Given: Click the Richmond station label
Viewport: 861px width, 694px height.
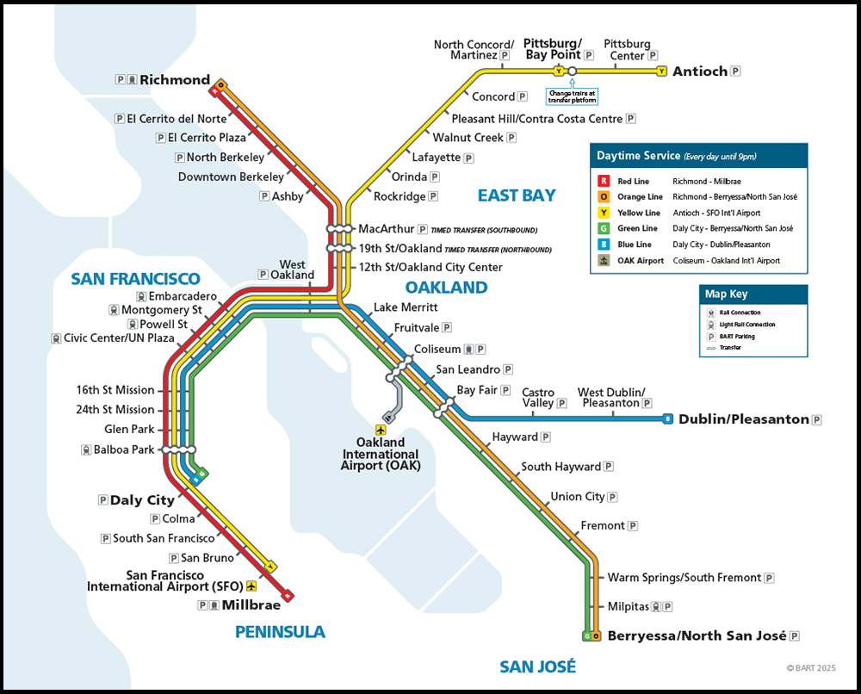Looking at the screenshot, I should [175, 80].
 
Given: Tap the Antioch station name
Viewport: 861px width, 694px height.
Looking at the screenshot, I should [700, 71].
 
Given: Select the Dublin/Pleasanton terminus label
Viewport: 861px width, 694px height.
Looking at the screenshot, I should [744, 419].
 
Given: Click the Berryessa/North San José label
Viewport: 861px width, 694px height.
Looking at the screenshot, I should [697, 636].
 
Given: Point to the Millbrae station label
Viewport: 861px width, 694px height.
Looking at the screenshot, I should [251, 605].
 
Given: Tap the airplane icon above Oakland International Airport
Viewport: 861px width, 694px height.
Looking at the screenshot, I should [381, 429].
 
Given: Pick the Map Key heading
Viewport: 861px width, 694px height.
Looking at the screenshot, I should [727, 294].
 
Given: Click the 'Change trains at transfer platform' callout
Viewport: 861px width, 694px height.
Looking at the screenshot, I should [572, 96].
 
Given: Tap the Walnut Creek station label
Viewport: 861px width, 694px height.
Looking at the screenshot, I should [468, 138].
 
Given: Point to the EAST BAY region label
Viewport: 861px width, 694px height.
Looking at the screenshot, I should [517, 195].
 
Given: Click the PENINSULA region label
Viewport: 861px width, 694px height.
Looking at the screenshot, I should [280, 632].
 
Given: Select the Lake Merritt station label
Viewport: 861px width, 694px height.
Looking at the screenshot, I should [406, 307].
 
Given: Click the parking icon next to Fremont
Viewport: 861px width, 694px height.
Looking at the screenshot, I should [633, 526].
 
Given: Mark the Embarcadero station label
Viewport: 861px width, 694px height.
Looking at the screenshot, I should [182, 296].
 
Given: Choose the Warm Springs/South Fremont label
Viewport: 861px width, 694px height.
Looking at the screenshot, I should [684, 578].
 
